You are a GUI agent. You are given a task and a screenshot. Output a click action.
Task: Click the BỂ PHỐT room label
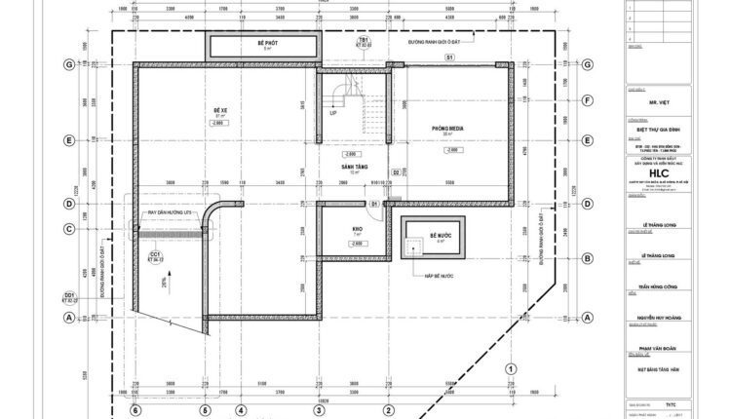click(262, 44)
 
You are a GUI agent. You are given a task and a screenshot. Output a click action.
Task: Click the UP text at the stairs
click(333, 113)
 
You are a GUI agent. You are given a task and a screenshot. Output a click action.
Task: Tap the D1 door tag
click(375, 203)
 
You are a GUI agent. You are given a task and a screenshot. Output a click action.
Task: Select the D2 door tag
click(396, 172)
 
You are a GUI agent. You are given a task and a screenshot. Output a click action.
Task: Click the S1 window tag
click(449, 58)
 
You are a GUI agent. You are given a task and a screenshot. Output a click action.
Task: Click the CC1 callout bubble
click(155, 257)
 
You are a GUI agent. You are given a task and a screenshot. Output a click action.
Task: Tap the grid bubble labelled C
click(69, 230)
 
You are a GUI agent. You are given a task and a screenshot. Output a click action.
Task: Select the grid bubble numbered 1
click(509, 368)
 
